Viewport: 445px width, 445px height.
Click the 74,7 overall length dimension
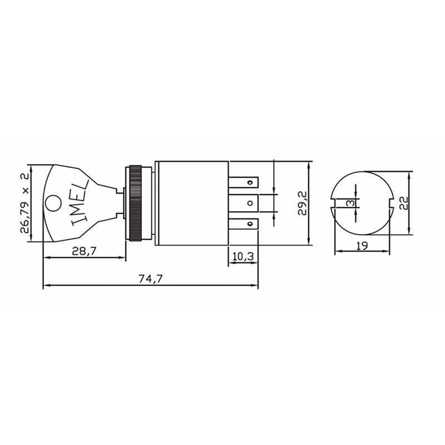click(x=150, y=279)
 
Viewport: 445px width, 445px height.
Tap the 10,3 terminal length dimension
click(x=243, y=256)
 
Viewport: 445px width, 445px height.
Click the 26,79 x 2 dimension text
click(x=24, y=202)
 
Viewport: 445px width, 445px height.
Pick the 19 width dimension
click(x=362, y=245)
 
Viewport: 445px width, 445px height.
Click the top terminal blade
click(x=248, y=181)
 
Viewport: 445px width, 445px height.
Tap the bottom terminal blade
click(x=248, y=225)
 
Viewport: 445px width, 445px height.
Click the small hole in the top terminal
click(x=252, y=181)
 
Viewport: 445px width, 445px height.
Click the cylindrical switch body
click(x=192, y=203)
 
